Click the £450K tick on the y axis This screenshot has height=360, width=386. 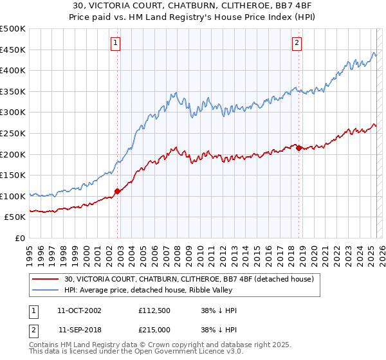coord(13,50)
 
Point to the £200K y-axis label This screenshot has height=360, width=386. coord(13,154)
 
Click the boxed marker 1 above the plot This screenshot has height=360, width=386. coord(115,43)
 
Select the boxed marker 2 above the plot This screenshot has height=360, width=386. coord(297,43)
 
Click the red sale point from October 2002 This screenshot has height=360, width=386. coord(118,191)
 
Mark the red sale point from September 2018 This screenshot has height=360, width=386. coord(299,148)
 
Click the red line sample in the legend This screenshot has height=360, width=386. coord(46,279)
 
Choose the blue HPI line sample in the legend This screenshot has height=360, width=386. coord(46,289)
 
